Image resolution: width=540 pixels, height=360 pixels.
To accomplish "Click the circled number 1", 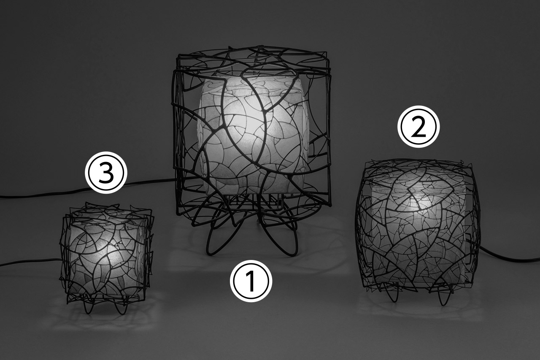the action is coord(251,281).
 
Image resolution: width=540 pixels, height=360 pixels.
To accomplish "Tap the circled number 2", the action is coord(418,127).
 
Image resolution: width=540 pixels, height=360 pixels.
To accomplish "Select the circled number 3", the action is coord(105,173).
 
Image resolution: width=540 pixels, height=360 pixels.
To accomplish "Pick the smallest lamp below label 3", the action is coord(107,256).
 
